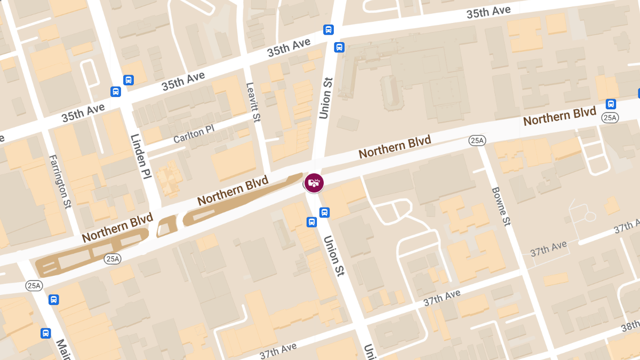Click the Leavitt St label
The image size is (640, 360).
tap(253, 102)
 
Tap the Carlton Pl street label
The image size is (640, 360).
tap(194, 134)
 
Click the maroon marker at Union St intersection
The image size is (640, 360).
tap(314, 182)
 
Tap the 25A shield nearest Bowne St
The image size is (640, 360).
tap(477, 140)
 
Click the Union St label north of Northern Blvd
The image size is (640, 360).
tap(325, 98)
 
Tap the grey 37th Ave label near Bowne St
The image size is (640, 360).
tap(548, 249)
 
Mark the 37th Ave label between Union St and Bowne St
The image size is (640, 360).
tap(442, 298)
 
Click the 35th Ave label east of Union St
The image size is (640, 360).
tap(489, 12)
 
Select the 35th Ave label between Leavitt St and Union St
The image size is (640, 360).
tap(289, 49)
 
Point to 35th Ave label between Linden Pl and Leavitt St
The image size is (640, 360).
tap(183, 82)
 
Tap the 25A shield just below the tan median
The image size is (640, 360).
tap(113, 259)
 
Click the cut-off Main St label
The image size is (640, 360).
tap(61, 349)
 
